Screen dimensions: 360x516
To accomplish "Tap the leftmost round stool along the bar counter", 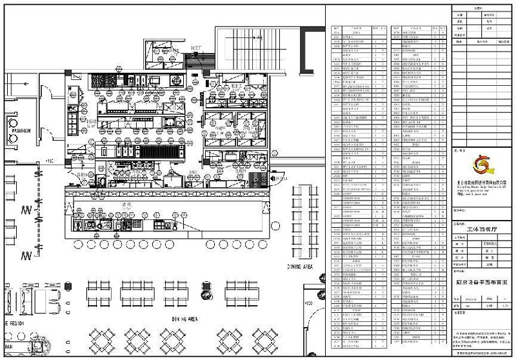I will tap(79, 243).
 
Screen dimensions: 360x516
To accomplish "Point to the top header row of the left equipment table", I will tap(359, 29).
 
